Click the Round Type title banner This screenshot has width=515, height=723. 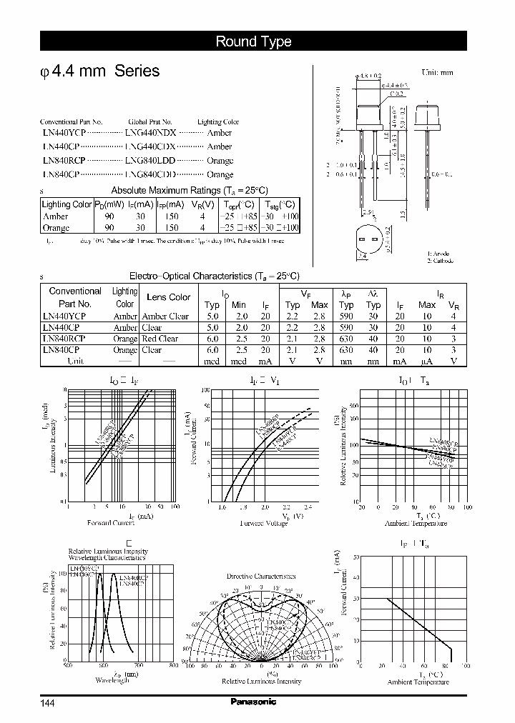tap(254, 41)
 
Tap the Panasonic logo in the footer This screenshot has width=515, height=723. tap(254, 702)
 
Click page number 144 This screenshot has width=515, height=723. tap(47, 703)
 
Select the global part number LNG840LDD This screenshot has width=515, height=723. tap(149, 160)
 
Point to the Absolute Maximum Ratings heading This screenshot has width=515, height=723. tap(189, 190)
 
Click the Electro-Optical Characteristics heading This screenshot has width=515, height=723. tap(214, 276)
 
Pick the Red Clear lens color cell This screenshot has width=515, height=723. tap(160, 339)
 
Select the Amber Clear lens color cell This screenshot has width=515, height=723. tap(165, 316)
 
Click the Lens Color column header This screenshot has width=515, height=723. tap(168, 297)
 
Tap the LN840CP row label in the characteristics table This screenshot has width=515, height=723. tap(62, 350)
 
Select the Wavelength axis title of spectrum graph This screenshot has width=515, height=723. tap(112, 681)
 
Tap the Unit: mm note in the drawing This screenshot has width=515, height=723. tap(437, 72)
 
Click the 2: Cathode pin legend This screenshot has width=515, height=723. tap(441, 261)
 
